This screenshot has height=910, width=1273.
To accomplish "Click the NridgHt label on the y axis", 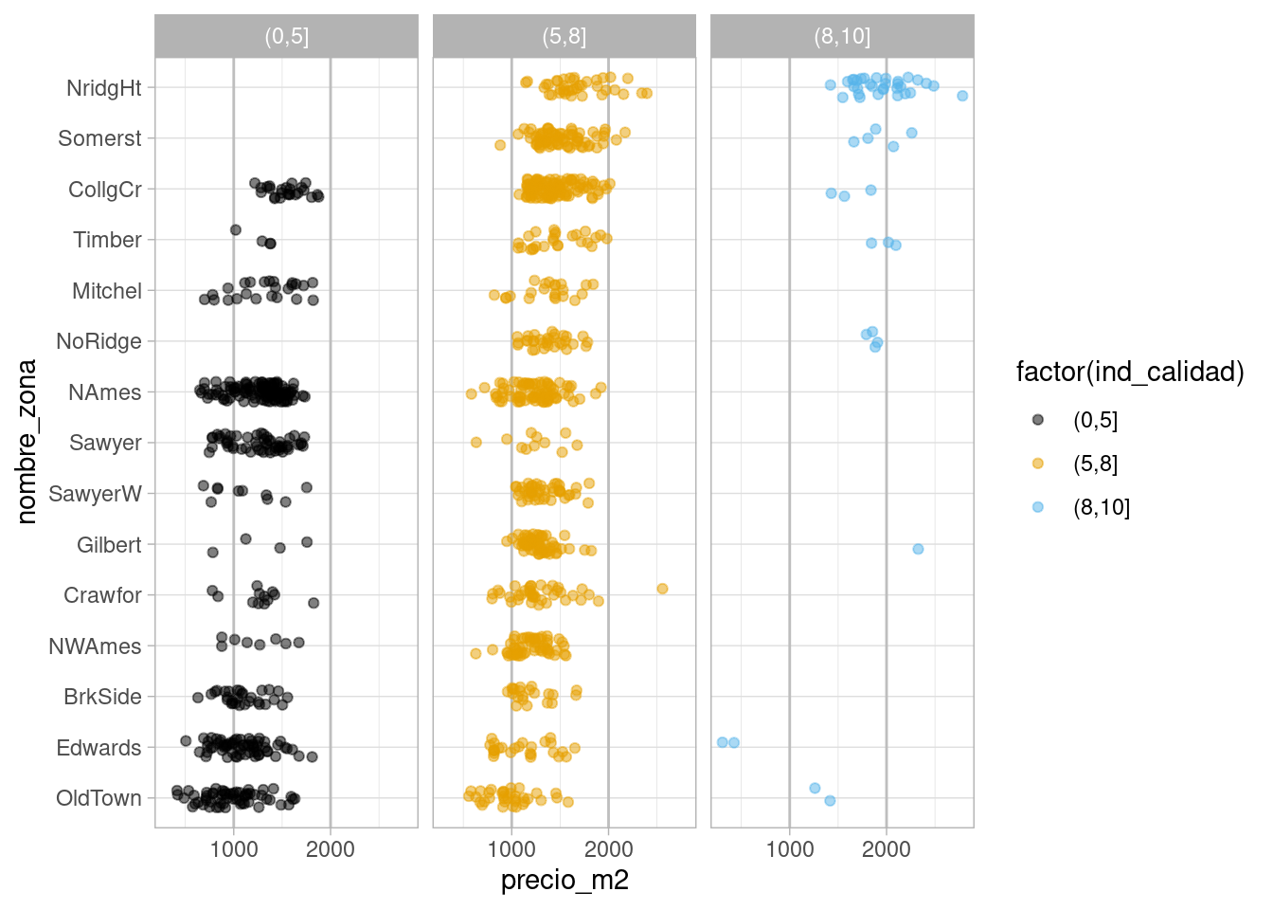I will tap(104, 88).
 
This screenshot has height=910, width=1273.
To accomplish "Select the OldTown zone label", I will tap(99, 798).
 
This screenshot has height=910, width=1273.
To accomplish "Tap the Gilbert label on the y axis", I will tap(109, 545).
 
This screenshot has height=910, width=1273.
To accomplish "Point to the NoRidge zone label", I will tap(99, 341).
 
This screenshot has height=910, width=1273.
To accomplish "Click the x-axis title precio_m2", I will tap(565, 880).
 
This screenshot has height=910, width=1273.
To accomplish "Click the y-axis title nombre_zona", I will tap(27, 442).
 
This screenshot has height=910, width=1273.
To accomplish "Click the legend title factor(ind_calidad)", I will tap(1130, 372).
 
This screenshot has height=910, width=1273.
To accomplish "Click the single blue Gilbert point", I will tap(918, 549).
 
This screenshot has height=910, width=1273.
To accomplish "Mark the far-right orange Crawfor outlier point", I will tap(662, 589).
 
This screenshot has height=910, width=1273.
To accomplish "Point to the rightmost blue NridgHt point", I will tap(962, 96).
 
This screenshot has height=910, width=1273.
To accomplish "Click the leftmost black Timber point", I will tap(236, 230).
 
